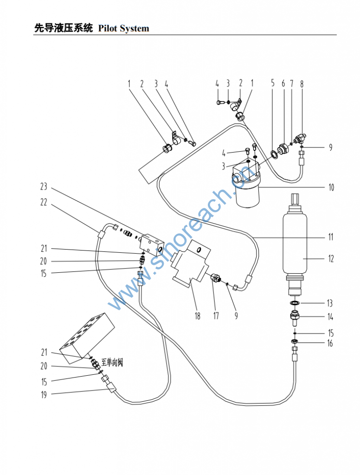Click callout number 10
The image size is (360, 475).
coord(331,188)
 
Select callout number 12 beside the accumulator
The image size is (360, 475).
coord(331,259)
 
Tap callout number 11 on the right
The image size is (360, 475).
coord(331,237)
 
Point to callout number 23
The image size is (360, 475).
coord(44,187)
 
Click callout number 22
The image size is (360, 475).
coord(44,202)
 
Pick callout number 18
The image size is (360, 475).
coord(198,316)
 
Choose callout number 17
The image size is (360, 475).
coord(216,316)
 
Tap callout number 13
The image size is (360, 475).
coord(329,303)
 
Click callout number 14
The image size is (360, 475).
coord(330,318)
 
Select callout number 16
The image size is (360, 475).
coord(330,344)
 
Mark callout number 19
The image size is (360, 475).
coord(44,395)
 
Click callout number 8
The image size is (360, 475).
coord(302,84)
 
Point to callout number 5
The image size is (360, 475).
coord(273,84)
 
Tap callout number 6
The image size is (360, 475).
coord(283,84)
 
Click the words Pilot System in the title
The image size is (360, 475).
coord(124,29)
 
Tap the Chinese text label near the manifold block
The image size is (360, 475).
coord(109,360)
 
